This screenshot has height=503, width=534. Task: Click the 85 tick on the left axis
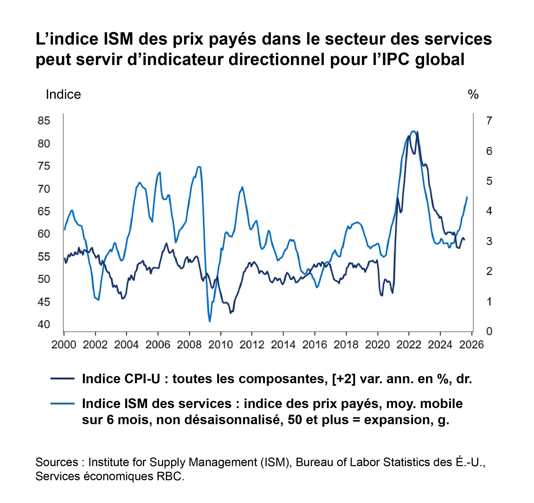click(x=44, y=121)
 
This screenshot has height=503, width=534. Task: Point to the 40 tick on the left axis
click(x=44, y=325)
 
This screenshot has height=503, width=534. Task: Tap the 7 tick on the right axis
click(x=489, y=121)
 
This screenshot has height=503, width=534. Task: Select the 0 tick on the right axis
click(x=489, y=331)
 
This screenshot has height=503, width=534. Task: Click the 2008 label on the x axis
click(x=189, y=345)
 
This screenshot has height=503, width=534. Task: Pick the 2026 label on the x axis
click(x=471, y=345)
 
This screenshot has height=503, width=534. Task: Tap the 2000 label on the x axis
click(x=64, y=345)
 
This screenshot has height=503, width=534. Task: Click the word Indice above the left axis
click(x=63, y=94)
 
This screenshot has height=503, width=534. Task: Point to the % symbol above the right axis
click(x=473, y=94)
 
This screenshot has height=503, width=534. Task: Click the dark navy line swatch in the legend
click(x=62, y=379)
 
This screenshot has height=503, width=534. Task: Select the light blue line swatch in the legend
click(x=62, y=403)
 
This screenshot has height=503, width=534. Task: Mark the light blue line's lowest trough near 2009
click(x=210, y=322)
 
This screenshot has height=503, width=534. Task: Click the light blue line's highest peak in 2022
click(x=414, y=131)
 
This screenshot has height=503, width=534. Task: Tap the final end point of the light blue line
click(x=467, y=197)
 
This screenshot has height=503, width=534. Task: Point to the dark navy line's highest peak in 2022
click(x=418, y=132)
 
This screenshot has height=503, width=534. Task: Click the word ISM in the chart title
click(x=118, y=39)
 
